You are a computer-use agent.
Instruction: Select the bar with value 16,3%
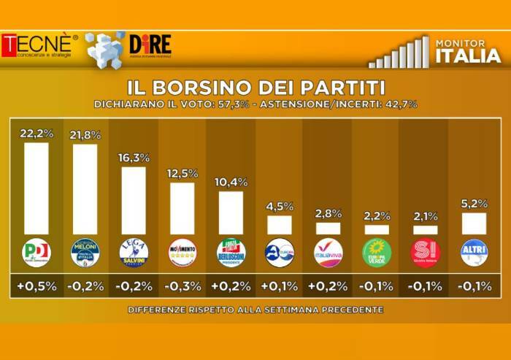tap(133, 200)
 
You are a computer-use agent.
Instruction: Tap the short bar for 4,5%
tap(279, 224)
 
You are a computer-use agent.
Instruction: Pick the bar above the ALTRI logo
tap(474, 223)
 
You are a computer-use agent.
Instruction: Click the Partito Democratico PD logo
tap(36, 253)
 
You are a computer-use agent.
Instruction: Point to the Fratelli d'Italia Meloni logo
tap(85, 253)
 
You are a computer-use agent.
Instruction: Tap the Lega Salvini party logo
tap(134, 253)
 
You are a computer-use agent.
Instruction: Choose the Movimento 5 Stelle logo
tap(182, 253)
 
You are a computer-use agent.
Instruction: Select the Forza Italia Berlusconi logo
tap(231, 253)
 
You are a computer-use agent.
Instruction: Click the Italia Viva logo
tap(328, 253)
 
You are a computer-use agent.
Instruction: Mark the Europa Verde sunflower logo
tap(377, 253)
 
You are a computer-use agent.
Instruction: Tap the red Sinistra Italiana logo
tap(426, 253)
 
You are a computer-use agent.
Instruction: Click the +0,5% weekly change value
tap(36, 287)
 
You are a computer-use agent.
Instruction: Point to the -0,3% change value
tap(182, 287)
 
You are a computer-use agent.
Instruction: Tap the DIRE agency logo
tap(150, 46)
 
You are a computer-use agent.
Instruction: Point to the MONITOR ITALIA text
tap(468, 51)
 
